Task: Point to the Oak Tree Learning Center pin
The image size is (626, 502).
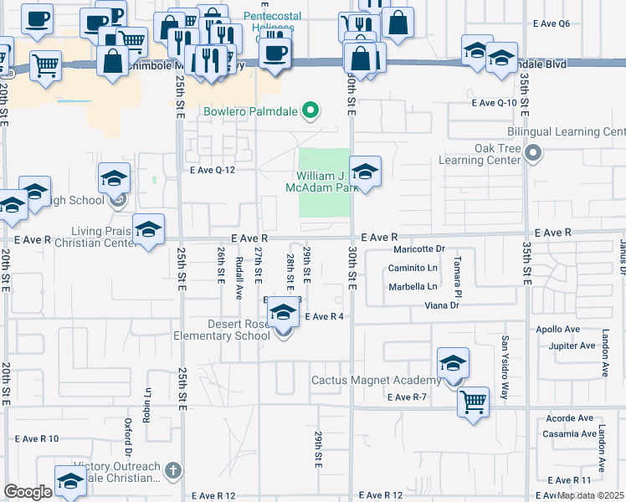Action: pos(536,152)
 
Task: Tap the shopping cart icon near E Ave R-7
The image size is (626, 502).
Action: pos(474,402)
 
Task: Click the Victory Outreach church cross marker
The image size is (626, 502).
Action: pos(173,470)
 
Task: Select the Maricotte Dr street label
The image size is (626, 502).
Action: pos(420,249)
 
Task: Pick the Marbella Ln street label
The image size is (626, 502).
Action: pos(413,287)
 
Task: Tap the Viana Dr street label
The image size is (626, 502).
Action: pos(444,306)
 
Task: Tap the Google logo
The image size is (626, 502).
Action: pos(28,492)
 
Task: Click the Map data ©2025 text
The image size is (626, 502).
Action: pos(591,495)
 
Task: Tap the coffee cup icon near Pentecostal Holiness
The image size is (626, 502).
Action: pos(275,54)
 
